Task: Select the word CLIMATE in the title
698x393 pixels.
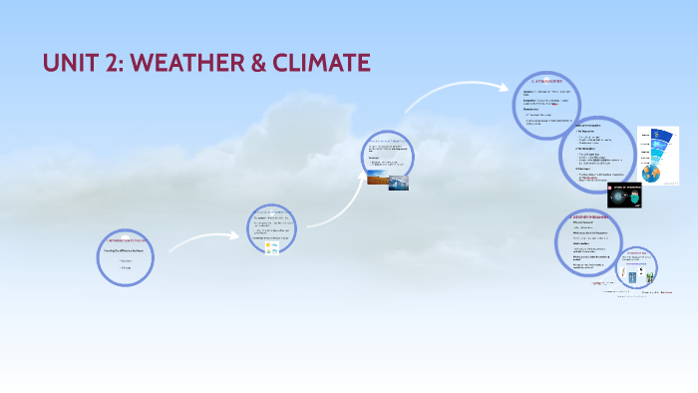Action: tap(319, 63)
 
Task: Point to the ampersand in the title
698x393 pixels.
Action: tap(251, 63)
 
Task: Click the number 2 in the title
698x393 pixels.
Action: tap(111, 63)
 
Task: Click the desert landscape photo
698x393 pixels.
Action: tap(378, 180)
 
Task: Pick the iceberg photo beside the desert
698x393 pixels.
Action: tap(398, 182)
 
